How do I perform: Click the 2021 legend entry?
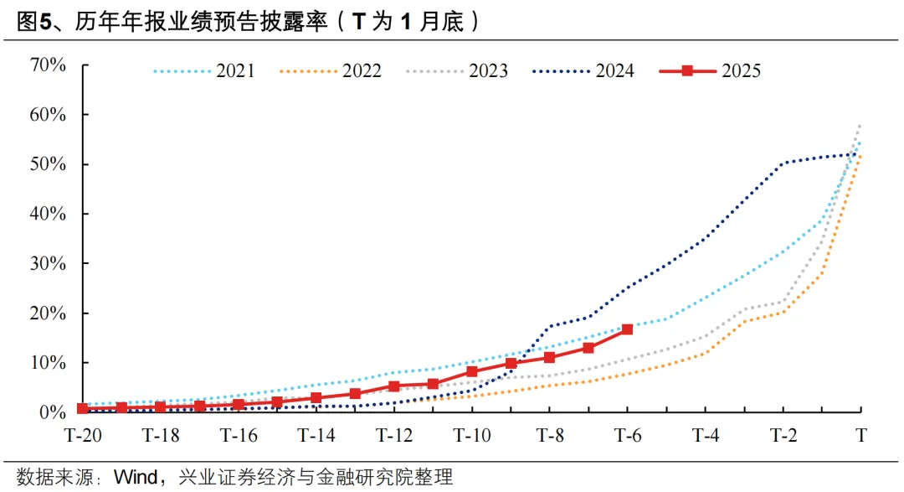(204, 71)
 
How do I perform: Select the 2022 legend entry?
(331, 71)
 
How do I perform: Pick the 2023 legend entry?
(457, 71)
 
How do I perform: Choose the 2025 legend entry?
(711, 71)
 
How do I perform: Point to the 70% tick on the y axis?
(49, 65)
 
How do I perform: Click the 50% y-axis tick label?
(49, 164)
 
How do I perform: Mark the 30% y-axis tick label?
(49, 263)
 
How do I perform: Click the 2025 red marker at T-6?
(627, 329)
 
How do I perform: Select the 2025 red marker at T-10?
(471, 371)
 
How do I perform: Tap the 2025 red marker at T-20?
(82, 408)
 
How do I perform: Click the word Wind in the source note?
(135, 478)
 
